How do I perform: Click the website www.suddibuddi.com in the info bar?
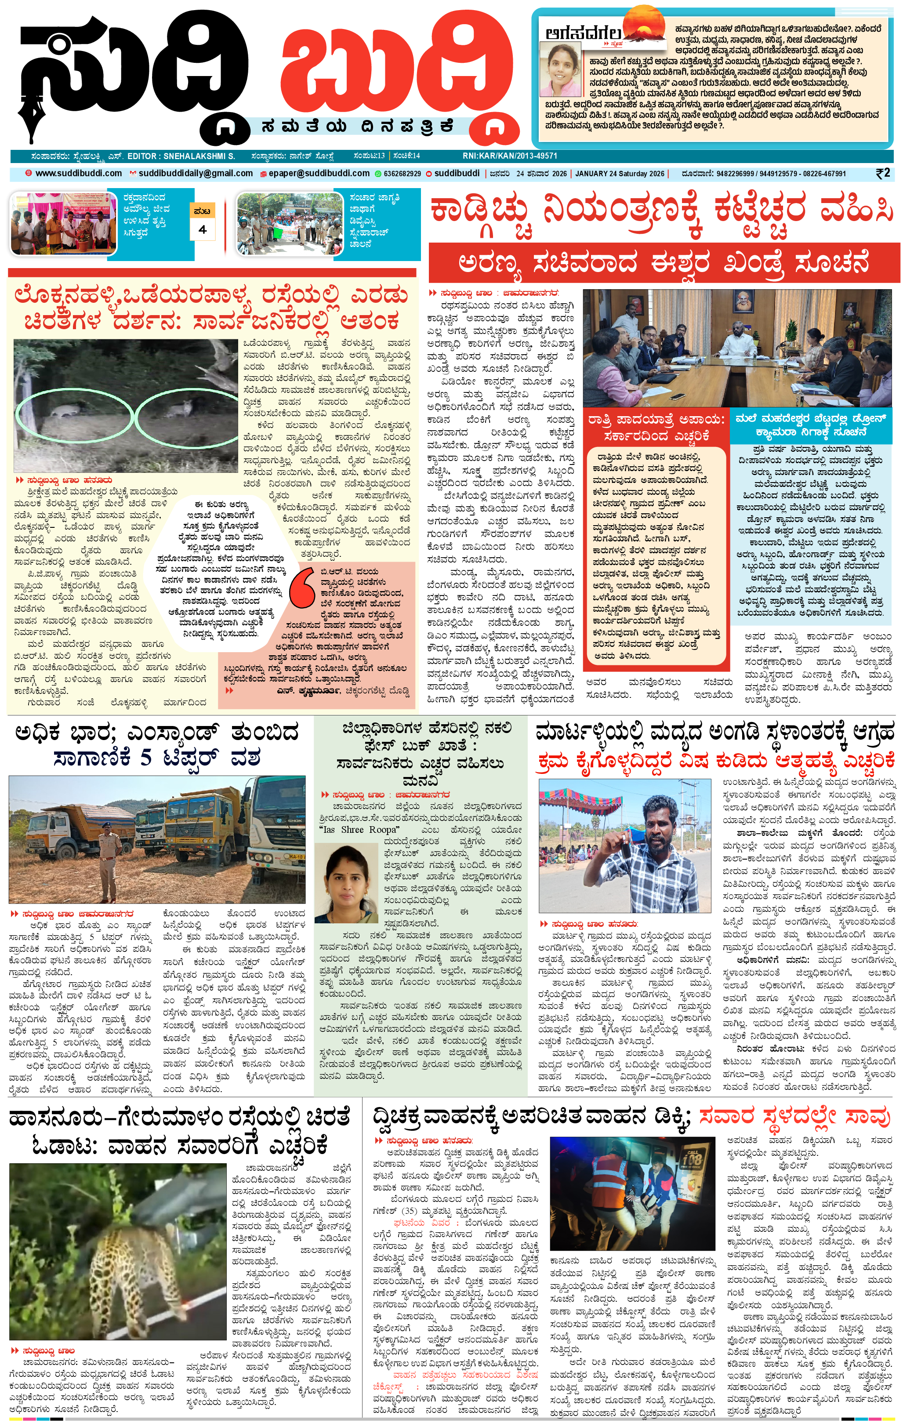tap(79, 174)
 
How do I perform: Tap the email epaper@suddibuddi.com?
tap(319, 174)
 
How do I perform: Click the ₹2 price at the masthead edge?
tap(883, 173)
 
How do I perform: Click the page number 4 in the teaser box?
tap(203, 229)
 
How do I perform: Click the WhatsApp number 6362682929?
tap(402, 174)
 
